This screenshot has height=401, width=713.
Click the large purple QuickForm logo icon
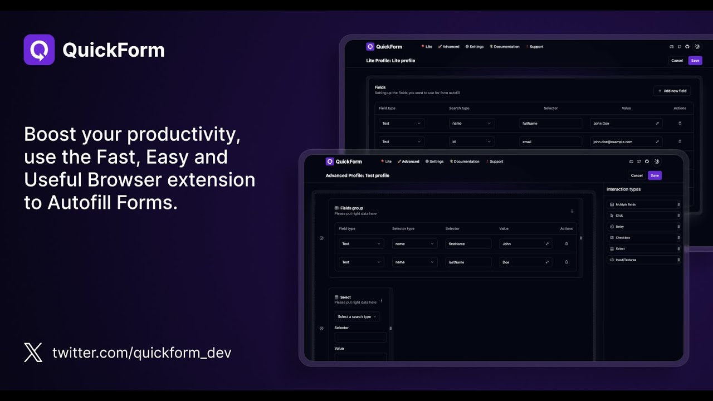pyautogui.click(x=39, y=50)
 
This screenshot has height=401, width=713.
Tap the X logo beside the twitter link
pyautogui.click(x=33, y=353)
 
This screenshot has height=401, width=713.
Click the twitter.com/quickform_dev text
pyautogui.click(x=141, y=353)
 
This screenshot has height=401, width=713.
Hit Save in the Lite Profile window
pyautogui.click(x=695, y=61)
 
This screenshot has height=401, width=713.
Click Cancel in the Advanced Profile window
pyautogui.click(x=637, y=175)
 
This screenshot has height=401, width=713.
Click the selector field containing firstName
pyautogui.click(x=468, y=244)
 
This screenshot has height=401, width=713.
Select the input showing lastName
pyautogui.click(x=468, y=262)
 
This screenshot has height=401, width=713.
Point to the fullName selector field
pyautogui.click(x=550, y=124)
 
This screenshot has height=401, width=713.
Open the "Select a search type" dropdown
pyautogui.click(x=357, y=317)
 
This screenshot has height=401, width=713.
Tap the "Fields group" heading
pyautogui.click(x=351, y=208)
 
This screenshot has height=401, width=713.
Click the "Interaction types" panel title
pyautogui.click(x=623, y=189)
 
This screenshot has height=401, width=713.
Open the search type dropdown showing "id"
pyautogui.click(x=471, y=142)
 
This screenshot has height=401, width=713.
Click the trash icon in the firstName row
pyautogui.click(x=567, y=244)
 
